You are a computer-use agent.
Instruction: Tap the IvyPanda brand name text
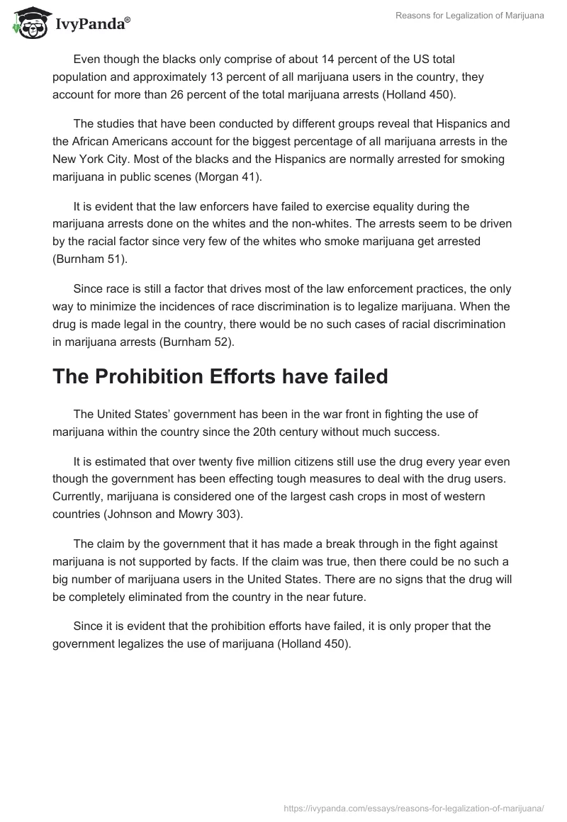pos(92,26)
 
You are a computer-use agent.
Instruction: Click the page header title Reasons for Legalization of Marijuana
pos(469,16)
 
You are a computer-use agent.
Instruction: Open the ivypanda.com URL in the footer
pos(414,808)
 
